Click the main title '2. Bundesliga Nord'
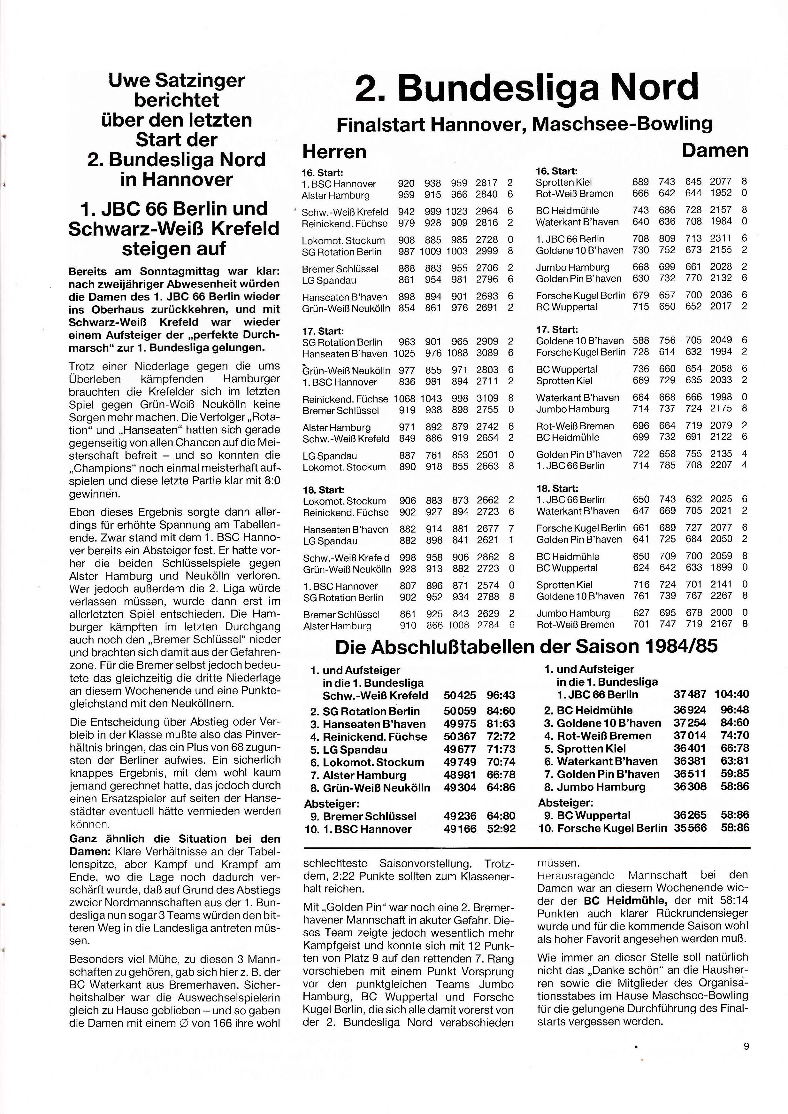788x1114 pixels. (x=526, y=87)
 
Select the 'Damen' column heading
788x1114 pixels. (x=715, y=151)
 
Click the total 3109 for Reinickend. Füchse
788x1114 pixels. (x=487, y=399)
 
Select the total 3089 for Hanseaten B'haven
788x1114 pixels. (x=487, y=354)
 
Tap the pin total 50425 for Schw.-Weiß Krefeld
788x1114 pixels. (x=460, y=695)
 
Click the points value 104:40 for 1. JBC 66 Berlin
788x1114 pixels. (x=732, y=694)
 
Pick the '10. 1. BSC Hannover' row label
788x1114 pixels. (x=358, y=829)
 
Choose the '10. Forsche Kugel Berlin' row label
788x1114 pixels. (x=603, y=828)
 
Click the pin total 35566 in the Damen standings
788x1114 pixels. (x=690, y=828)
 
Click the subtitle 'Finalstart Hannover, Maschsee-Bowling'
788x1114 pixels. (x=524, y=125)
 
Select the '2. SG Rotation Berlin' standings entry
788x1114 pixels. (x=365, y=712)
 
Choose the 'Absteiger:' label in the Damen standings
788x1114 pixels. (x=566, y=802)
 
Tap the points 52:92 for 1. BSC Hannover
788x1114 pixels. (x=501, y=829)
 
